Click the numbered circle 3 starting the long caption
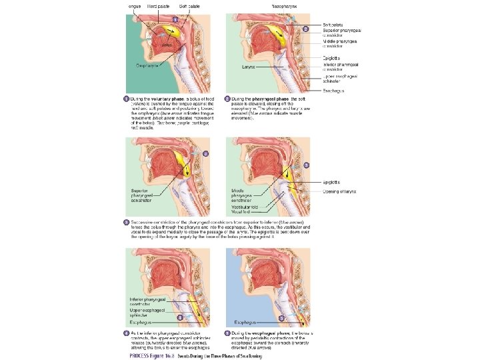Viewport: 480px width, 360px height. coord(126,221)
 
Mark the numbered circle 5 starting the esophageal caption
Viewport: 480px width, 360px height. coord(227,332)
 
